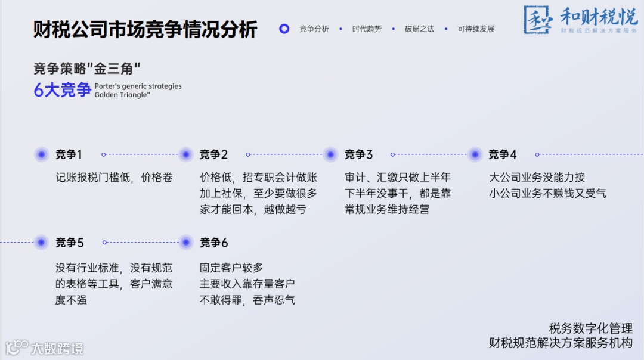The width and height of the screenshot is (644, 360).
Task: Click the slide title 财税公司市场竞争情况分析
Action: tap(145, 29)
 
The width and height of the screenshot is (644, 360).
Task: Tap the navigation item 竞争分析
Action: tap(314, 29)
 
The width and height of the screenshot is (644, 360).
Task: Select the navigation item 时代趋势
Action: tap(366, 29)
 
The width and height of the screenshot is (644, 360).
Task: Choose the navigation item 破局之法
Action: tap(419, 29)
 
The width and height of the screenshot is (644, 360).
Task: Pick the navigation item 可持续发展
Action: tap(476, 29)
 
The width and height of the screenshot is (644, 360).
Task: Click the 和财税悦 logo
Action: tap(580, 20)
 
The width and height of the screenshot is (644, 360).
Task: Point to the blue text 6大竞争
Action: tap(62, 90)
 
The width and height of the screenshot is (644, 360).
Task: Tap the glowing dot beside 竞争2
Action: tap(186, 154)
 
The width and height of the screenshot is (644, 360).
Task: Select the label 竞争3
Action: tap(358, 154)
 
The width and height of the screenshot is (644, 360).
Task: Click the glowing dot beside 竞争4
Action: tap(475, 154)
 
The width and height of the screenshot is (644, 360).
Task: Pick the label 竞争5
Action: tap(70, 243)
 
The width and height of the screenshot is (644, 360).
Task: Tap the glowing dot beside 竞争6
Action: tap(186, 243)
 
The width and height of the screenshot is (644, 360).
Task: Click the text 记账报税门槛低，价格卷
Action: tap(114, 178)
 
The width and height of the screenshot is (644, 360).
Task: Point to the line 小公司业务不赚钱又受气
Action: tap(547, 193)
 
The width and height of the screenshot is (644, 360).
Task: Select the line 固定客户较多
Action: tap(231, 268)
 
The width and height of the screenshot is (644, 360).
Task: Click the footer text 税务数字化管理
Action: tap(590, 328)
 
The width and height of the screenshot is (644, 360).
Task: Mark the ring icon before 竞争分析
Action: tap(284, 29)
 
